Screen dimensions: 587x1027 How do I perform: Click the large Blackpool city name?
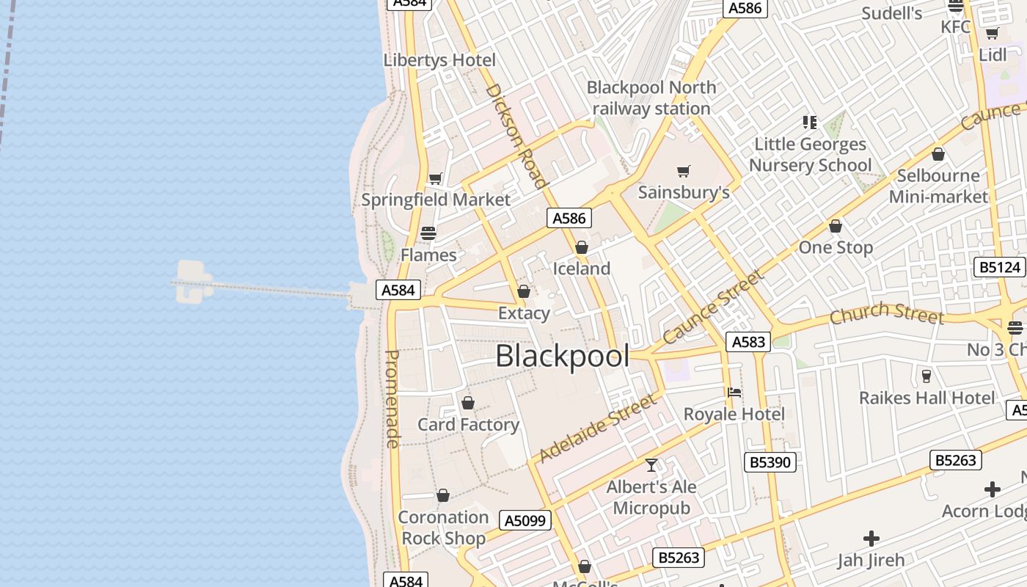click(x=562, y=356)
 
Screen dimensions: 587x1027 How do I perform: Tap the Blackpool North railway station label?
click(x=651, y=98)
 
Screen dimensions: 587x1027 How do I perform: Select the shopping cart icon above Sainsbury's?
click(x=684, y=172)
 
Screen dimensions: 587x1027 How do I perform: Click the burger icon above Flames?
click(x=428, y=233)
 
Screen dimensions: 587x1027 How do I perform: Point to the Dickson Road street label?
click(x=516, y=136)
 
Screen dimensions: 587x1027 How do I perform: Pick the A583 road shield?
click(x=748, y=341)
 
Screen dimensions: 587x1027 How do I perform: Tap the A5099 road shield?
click(x=525, y=521)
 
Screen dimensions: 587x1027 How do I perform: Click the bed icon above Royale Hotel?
click(x=734, y=393)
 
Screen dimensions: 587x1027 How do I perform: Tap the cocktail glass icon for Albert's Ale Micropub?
click(x=651, y=465)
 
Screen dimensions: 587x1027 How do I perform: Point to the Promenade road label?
click(x=393, y=398)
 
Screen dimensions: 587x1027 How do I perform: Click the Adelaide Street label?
click(x=596, y=428)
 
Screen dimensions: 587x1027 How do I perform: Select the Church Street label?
click(x=886, y=313)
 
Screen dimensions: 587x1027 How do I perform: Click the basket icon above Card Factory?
click(x=468, y=403)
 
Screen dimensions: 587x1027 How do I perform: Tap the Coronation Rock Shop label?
click(x=443, y=528)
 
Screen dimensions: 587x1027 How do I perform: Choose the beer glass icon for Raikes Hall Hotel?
click(x=927, y=376)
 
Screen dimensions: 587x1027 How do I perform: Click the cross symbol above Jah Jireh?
click(x=871, y=539)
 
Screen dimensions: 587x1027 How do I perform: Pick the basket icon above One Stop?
click(x=836, y=226)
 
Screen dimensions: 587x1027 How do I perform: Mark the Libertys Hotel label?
click(x=439, y=60)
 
